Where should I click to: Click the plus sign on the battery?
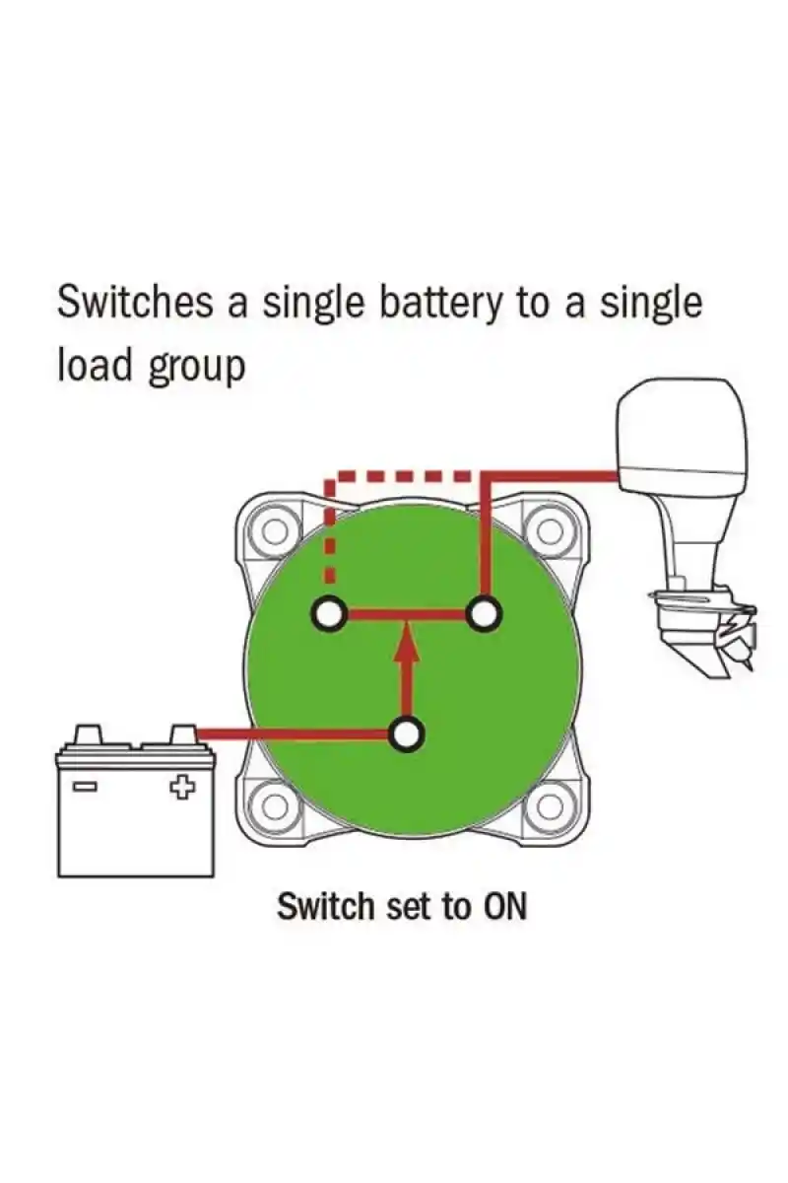[x=180, y=788]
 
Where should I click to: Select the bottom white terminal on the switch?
[x=406, y=734]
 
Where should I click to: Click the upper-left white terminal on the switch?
[x=329, y=614]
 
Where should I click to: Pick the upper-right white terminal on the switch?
[x=483, y=614]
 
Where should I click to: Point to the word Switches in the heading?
[x=134, y=303]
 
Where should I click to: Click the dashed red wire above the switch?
[x=404, y=476]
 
